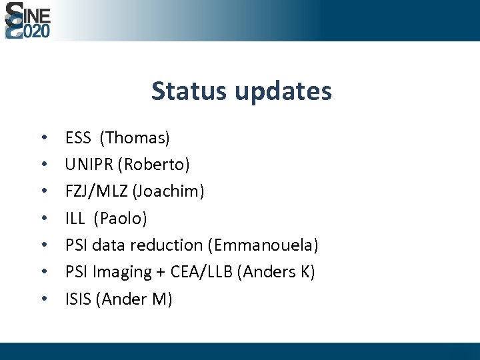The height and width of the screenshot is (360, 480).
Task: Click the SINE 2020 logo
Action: coord(27,21)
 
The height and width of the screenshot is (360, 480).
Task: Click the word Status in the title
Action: coord(189,91)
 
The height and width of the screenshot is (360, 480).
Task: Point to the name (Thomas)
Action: coord(135,138)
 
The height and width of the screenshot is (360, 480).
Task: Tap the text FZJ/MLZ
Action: coord(97,191)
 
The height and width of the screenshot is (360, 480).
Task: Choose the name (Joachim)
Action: coord(169,191)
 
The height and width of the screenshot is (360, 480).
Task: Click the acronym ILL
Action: coord(75,219)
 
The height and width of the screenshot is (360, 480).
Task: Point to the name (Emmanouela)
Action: coord(263,245)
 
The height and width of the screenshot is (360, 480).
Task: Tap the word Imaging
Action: coord(122,273)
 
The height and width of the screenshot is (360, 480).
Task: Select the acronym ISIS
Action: coord(79,299)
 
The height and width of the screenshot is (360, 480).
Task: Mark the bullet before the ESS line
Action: coord(43,139)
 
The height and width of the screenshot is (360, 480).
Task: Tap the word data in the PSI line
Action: coord(109,245)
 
